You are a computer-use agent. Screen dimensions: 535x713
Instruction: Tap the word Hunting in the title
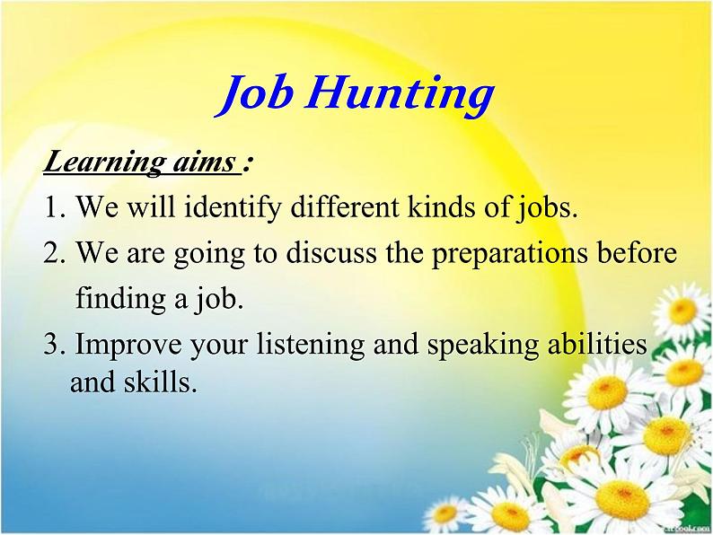click(400, 95)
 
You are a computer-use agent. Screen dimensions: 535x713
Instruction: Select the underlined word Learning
click(101, 163)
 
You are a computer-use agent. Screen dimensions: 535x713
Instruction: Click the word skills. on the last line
click(161, 383)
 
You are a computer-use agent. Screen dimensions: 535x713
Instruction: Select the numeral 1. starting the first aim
click(56, 209)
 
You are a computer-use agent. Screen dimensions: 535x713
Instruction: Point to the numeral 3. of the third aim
click(55, 345)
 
